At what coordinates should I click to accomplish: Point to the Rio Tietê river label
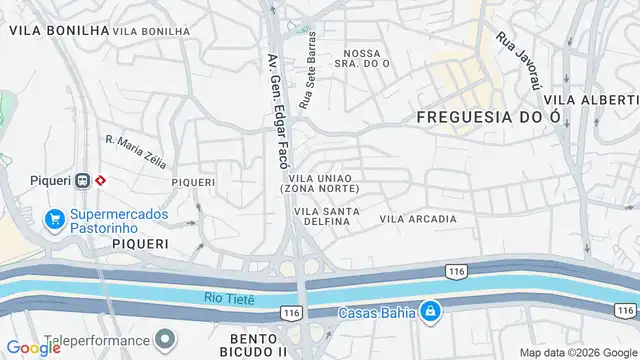pyautogui.click(x=230, y=297)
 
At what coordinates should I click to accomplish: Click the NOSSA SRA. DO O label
pyautogui.click(x=366, y=59)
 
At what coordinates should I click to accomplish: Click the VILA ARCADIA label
pyautogui.click(x=418, y=218)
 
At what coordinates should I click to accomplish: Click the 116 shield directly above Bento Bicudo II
pyautogui.click(x=292, y=314)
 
